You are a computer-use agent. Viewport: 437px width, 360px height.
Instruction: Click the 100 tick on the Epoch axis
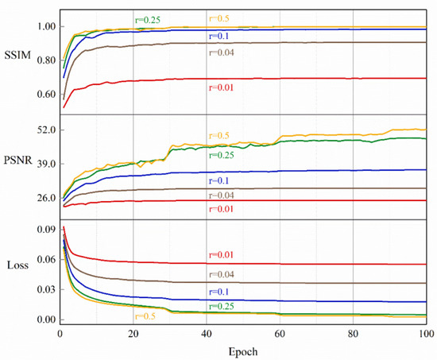pos(426,333)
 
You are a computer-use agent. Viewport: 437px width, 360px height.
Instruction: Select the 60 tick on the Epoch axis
pos(280,333)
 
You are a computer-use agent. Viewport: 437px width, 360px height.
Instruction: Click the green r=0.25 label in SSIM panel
pos(149,19)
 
